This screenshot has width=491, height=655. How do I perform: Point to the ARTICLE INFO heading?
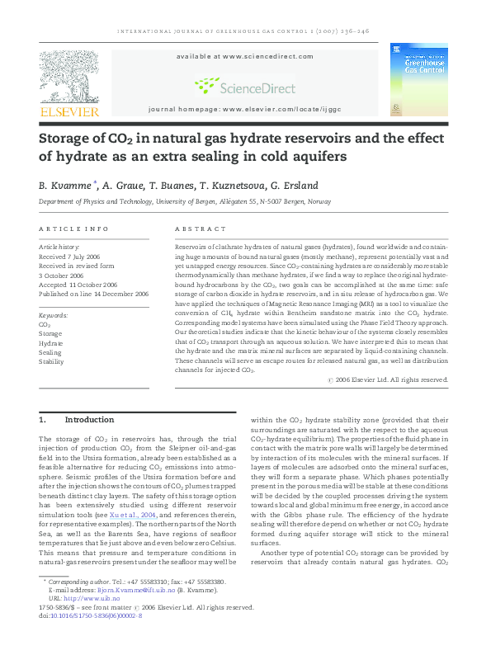pos(74,229)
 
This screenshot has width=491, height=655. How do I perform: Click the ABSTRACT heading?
pos(201,229)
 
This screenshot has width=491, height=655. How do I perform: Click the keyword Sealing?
pos(50,352)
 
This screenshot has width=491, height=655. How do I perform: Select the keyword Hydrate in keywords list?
pos(51,343)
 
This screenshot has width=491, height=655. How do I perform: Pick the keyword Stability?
pos(51,361)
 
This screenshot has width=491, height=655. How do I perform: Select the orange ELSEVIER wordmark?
pos(69,111)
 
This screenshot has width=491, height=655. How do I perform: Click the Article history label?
pos(59,247)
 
